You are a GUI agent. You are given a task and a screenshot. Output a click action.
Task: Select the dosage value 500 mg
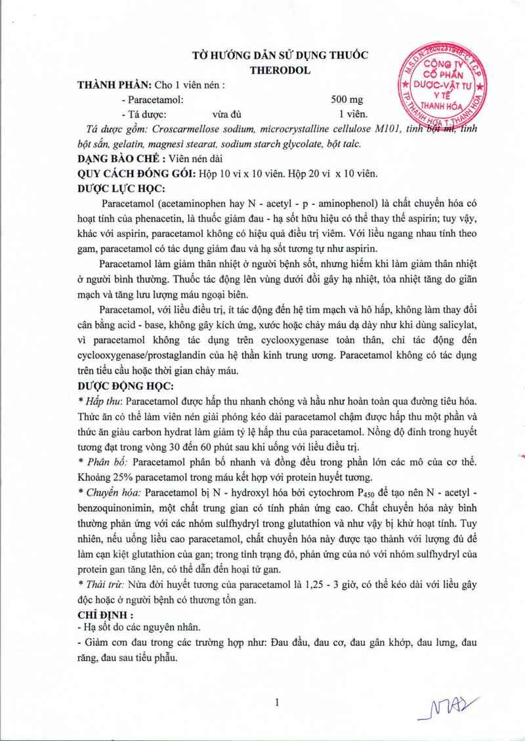coord(347,100)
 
